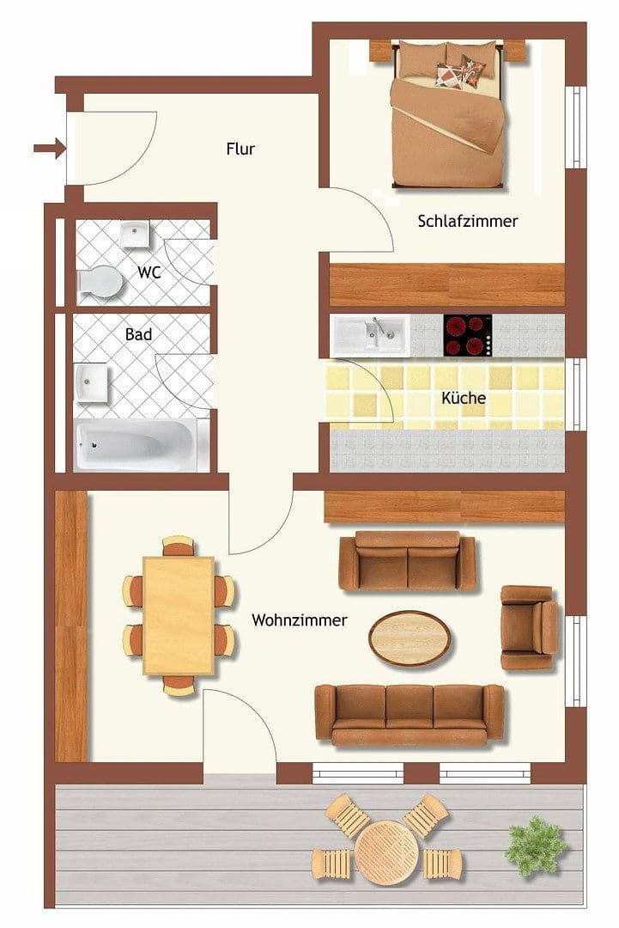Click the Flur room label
(240, 149)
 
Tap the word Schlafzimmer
(468, 221)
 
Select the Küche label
(464, 398)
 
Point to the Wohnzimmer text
(300, 620)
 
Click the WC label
(149, 272)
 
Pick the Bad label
(138, 333)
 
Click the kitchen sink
(371, 335)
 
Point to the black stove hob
(468, 335)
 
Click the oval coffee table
(410, 637)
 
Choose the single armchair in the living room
(528, 627)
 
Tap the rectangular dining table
(179, 615)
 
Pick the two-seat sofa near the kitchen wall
(407, 560)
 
